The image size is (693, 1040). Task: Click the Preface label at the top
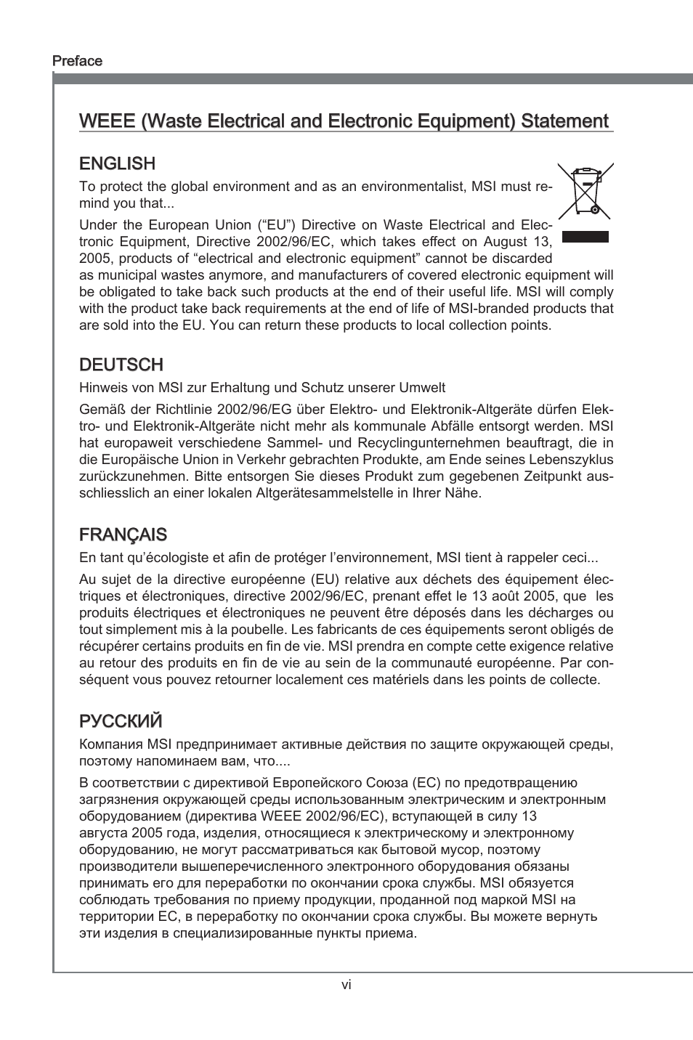click(x=77, y=61)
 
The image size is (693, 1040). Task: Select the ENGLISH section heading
click(x=117, y=163)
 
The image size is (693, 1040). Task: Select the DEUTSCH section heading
click(x=121, y=365)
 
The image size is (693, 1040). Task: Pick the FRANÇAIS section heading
click(x=123, y=535)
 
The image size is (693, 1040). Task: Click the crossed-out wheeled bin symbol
click(x=585, y=191)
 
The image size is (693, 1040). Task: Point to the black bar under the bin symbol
click(x=585, y=236)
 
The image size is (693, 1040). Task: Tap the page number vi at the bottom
click(x=346, y=985)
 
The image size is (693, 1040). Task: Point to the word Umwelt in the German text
click(x=425, y=387)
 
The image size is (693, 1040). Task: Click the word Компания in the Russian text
click(x=111, y=744)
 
